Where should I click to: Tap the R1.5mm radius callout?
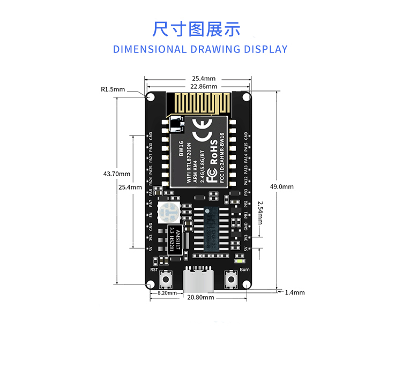113,89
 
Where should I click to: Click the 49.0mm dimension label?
281,187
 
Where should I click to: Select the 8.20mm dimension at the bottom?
167,293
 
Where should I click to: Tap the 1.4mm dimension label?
295,292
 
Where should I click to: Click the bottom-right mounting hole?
246,284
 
